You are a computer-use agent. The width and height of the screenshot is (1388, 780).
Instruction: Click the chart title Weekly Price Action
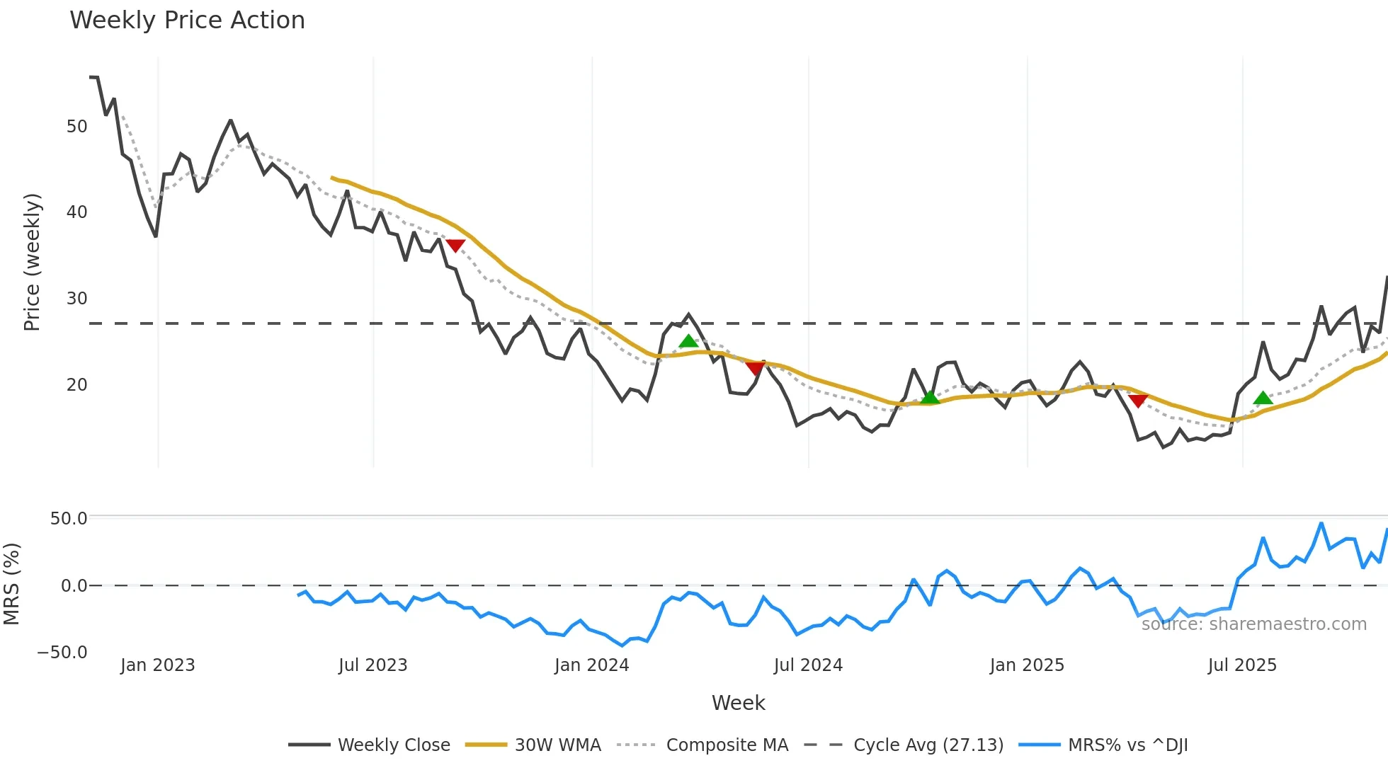tap(187, 21)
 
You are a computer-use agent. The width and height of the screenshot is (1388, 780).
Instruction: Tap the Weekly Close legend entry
tap(393, 745)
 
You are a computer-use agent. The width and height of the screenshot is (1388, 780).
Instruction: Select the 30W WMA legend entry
tap(557, 745)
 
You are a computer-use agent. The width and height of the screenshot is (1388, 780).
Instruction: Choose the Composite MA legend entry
tap(727, 745)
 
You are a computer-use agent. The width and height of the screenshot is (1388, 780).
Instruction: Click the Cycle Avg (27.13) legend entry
tap(928, 745)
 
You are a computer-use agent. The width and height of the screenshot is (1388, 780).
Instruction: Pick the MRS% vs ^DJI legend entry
tap(1127, 745)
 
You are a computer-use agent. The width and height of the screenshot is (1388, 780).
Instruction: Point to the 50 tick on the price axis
tap(76, 127)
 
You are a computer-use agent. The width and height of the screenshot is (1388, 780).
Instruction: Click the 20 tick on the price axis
tap(76, 385)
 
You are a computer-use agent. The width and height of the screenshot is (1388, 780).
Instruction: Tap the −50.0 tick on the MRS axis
tap(62, 653)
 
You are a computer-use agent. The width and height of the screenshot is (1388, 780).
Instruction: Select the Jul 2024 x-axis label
tap(808, 665)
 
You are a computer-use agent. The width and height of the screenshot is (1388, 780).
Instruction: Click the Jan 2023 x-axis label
tap(157, 665)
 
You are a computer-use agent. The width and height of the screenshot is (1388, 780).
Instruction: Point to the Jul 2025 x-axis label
tap(1242, 665)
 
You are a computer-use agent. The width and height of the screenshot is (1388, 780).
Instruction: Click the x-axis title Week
tap(738, 703)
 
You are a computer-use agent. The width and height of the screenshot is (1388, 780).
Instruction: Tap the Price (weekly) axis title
tap(32, 262)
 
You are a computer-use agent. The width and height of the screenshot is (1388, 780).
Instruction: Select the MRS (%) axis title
tap(12, 584)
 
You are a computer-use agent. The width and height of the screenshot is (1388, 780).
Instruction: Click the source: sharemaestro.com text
tap(1253, 624)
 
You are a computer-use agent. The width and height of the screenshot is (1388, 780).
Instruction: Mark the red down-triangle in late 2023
tap(455, 246)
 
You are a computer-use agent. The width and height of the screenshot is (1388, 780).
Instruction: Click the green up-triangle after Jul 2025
tap(1263, 398)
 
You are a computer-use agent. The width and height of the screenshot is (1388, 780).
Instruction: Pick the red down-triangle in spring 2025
tap(1138, 401)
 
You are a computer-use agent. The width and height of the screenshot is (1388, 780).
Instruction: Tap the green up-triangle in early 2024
tap(688, 341)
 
